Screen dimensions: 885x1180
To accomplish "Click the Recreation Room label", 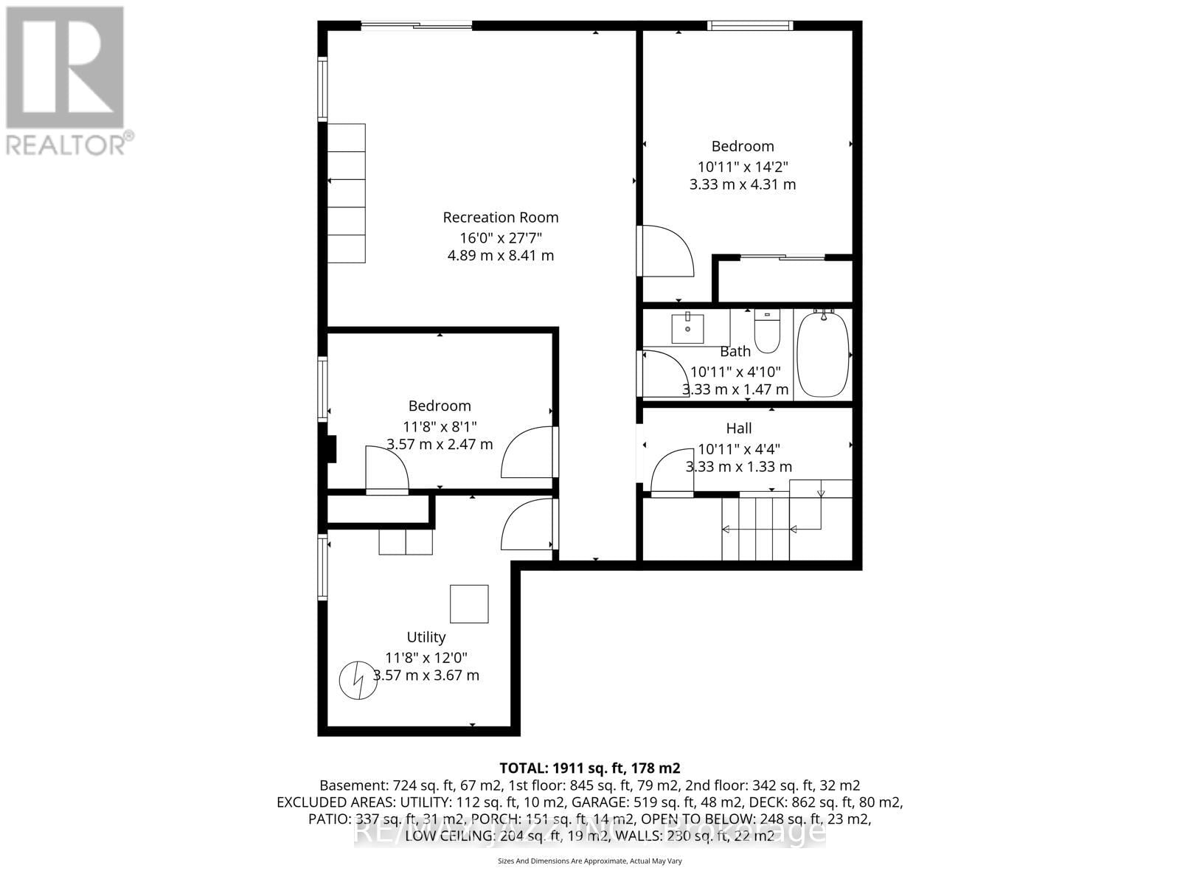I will tap(500, 218).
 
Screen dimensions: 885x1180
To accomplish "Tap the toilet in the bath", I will tap(768, 333).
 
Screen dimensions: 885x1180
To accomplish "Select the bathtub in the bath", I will tap(822, 354).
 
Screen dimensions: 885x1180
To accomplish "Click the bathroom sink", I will tap(687, 329).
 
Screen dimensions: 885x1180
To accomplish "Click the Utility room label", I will tap(426, 637).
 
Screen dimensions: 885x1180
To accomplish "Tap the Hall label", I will tap(739, 428).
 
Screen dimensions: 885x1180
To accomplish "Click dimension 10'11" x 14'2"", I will tap(743, 167).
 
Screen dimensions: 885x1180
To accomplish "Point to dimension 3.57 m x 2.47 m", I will tap(440, 445).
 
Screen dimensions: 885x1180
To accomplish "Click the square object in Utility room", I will tap(469, 603).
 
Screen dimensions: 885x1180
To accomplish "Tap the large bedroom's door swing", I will tap(666, 251).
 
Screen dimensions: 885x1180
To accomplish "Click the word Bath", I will tap(735, 352).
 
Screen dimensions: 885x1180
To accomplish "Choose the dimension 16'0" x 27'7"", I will tap(501, 237).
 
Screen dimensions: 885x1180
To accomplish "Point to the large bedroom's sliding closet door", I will tap(782, 257).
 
